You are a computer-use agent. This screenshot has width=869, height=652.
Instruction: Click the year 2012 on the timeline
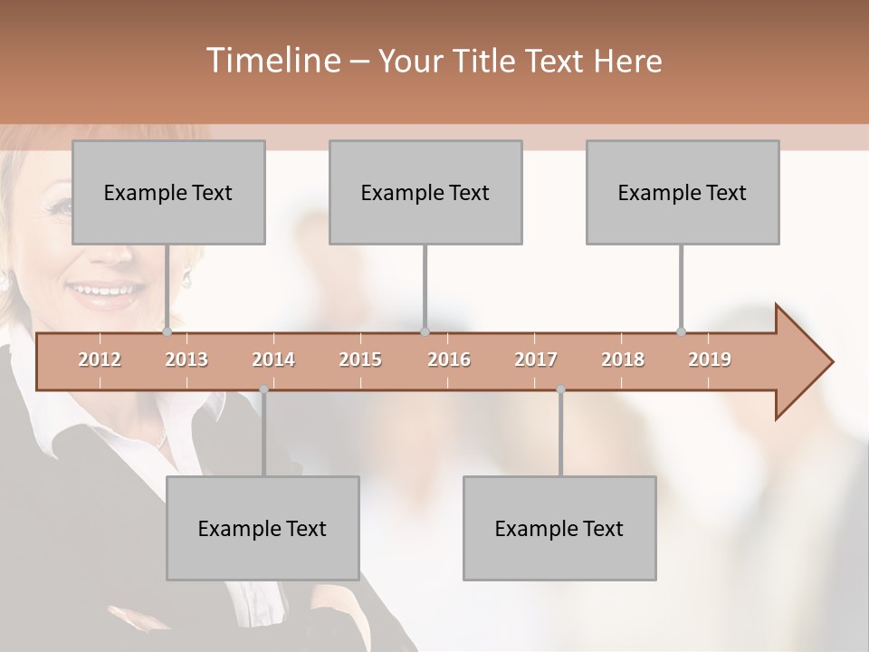(100, 360)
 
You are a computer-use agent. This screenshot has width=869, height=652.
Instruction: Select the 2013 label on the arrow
(186, 360)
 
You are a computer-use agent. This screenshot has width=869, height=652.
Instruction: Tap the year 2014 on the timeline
(273, 360)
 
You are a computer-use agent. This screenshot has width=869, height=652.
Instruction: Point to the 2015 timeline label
(360, 360)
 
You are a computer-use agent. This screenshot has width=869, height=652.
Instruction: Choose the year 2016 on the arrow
(449, 360)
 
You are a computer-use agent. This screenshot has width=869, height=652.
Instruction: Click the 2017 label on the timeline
(536, 360)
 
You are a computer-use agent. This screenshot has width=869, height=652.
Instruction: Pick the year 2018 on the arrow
(623, 360)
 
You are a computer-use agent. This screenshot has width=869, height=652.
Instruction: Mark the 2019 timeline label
(710, 360)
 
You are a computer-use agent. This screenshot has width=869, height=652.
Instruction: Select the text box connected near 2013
(168, 192)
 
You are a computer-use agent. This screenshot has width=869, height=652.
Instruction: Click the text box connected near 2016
(425, 192)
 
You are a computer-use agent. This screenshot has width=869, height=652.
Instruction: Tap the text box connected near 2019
(683, 192)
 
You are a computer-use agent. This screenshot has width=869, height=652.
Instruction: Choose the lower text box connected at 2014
(263, 528)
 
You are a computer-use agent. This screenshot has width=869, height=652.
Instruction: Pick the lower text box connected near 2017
(559, 528)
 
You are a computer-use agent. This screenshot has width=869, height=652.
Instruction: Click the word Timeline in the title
(272, 61)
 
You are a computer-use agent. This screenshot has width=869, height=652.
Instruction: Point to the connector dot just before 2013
(167, 331)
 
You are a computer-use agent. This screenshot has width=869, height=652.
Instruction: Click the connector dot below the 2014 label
(263, 389)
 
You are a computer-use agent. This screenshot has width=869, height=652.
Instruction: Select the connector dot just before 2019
(682, 331)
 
